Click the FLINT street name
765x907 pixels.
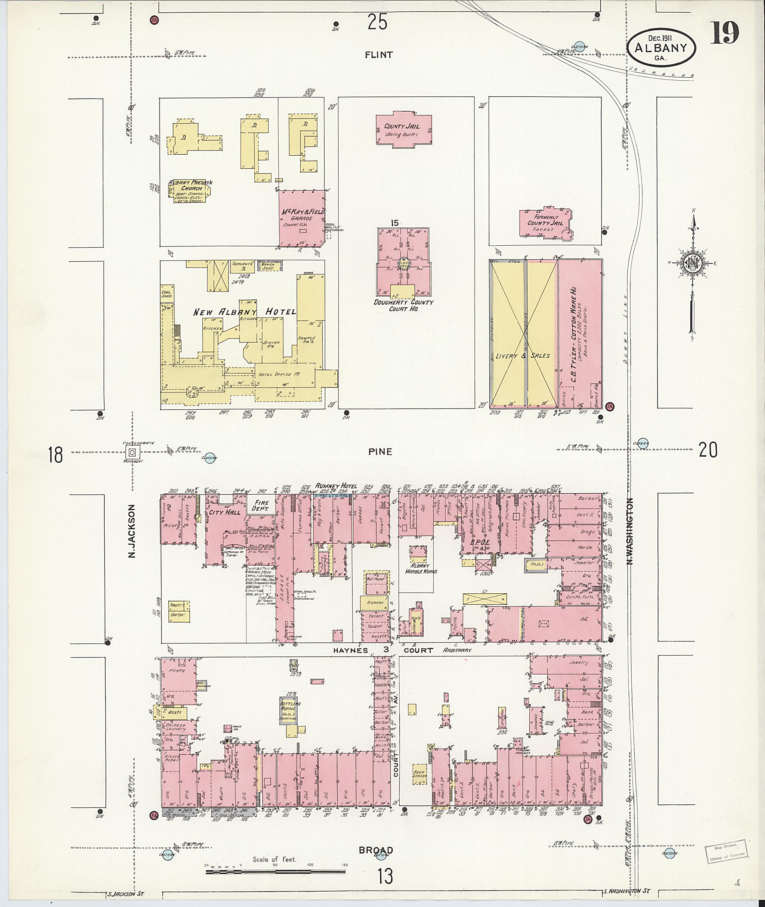379,55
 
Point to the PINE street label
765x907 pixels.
380,452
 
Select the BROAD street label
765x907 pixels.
375,850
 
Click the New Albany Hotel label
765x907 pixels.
245,312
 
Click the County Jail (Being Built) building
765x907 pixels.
403,130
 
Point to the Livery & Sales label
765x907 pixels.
523,355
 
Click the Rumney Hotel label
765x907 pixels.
336,487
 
